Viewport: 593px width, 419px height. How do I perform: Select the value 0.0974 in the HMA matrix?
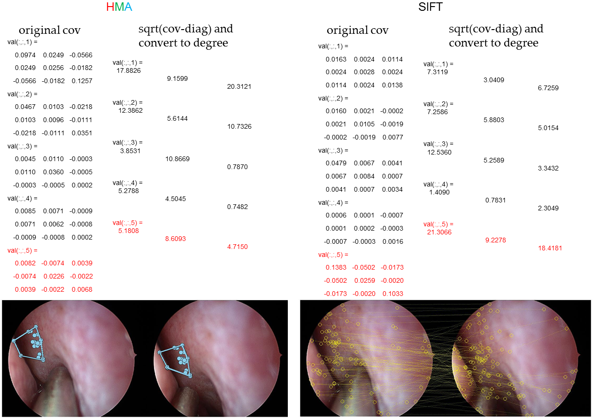[24, 55]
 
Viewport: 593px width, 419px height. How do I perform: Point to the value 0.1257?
[82, 81]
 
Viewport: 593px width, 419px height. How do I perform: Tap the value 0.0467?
[24, 107]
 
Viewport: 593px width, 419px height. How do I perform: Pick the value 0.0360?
[53, 172]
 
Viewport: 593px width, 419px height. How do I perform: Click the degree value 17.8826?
[129, 70]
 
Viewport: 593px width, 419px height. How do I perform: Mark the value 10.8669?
[177, 159]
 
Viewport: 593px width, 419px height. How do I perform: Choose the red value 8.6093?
[176, 239]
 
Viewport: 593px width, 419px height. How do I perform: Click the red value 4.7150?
[237, 247]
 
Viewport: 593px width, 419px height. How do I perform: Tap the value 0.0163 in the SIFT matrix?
[336, 59]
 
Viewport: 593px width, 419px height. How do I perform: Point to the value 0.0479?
[336, 163]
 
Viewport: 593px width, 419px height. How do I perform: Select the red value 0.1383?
[336, 267]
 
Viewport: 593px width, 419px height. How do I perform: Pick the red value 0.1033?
[393, 293]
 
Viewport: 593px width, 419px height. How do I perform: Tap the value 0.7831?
[495, 200]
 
